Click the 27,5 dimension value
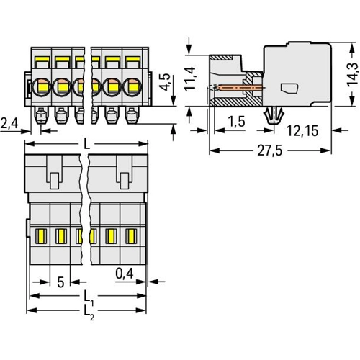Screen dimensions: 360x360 270,151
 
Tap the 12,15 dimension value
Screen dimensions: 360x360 302,131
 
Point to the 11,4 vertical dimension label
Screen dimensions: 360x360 190,78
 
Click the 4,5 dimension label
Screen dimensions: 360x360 165,81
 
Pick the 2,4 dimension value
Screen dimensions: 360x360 9,125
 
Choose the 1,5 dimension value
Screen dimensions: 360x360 236,122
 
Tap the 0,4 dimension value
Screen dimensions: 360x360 125,274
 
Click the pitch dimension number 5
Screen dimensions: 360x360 60,282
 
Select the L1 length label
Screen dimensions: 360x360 88,298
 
